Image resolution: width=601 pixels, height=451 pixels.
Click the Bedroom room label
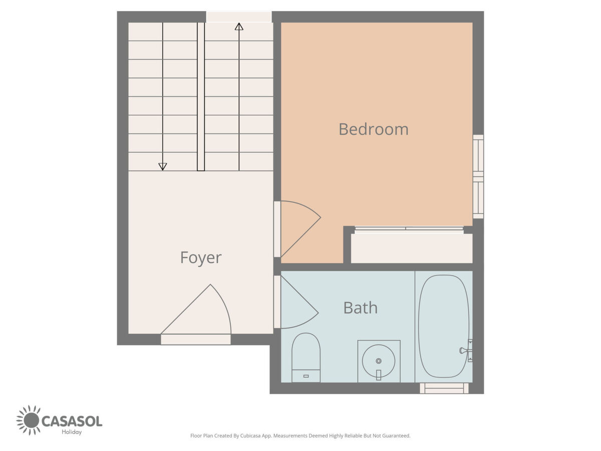pos(373,129)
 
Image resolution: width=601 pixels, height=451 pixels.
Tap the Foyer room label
pos(201,258)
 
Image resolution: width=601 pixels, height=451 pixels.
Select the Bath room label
pos(360,308)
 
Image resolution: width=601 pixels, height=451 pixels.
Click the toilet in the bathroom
pos(306,357)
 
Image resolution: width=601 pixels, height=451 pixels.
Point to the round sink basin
pos(379,361)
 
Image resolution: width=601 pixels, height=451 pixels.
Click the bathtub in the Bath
pos(444,326)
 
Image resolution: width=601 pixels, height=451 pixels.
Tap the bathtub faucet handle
pos(463,350)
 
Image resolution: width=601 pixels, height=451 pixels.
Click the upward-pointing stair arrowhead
pos(239,27)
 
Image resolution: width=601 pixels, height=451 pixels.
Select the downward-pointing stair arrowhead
pos(163,166)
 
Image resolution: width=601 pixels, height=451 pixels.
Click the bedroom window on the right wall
pos(478,176)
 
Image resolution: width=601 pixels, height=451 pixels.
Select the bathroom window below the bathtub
pos(444,388)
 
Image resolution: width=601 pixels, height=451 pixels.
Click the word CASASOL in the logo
pos(72,421)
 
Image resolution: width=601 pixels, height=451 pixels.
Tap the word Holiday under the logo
pos(72,432)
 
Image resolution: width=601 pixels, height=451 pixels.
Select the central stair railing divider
pos(201,96)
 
